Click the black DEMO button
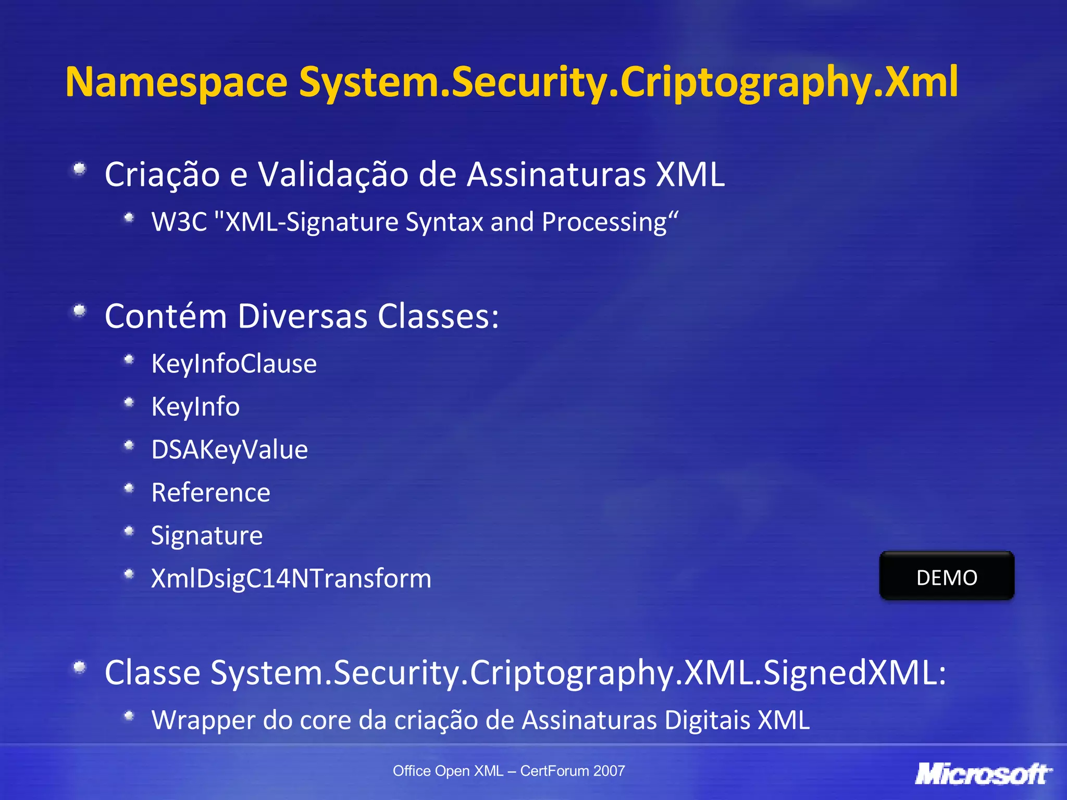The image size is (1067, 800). pos(947,577)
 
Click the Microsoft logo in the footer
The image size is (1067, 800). pos(983,773)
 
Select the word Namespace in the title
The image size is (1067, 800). pos(176,82)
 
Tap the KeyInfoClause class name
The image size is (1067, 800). pos(234,363)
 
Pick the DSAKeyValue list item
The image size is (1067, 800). pos(229,449)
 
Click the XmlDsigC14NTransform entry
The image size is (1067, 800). pos(291,578)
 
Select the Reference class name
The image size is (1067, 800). pos(210,492)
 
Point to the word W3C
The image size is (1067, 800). pos(179,222)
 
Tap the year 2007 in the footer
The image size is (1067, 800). pos(609,771)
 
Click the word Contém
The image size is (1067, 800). pos(166,316)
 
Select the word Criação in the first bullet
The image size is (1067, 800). pos(162,174)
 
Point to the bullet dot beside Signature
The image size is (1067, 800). pos(129,531)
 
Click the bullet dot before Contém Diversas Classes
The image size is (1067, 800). pos(79,311)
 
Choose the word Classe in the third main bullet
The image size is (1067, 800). pos(152,672)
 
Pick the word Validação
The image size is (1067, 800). pos(333,174)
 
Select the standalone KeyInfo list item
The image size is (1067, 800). pos(195,406)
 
